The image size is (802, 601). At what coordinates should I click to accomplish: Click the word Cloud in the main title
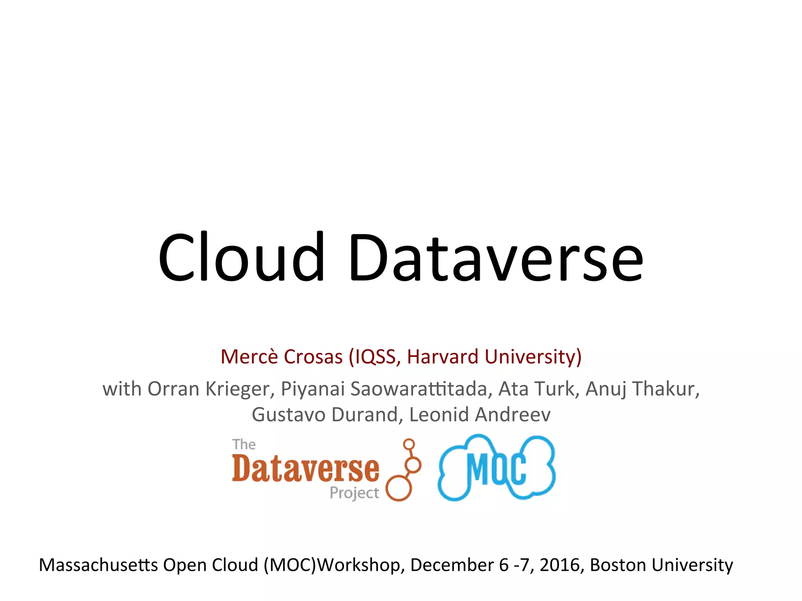[241, 257]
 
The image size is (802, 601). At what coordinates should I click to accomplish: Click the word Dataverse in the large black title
[496, 257]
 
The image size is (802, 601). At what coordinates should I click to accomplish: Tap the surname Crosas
[313, 356]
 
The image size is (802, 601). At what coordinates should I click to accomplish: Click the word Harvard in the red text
[443, 356]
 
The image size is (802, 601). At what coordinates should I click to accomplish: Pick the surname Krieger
[238, 389]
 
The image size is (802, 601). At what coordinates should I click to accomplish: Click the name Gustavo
[288, 414]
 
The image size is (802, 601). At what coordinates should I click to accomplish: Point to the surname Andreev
[513, 414]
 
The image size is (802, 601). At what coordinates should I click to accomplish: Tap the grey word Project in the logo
[354, 493]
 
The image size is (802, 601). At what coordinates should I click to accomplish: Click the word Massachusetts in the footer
[98, 565]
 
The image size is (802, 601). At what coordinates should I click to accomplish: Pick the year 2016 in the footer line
[559, 565]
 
